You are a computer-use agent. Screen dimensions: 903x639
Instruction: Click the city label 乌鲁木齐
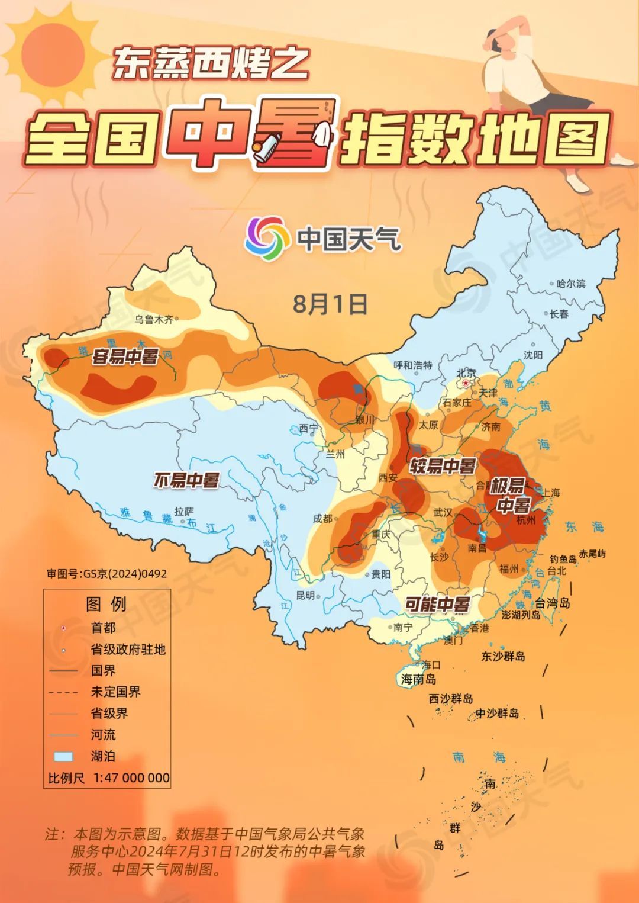[x=154, y=320]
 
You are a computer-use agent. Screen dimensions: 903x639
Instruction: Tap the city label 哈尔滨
[x=571, y=284]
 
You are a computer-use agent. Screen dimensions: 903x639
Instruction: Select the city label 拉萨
[x=184, y=510]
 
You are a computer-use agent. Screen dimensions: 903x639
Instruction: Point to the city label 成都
[x=323, y=518]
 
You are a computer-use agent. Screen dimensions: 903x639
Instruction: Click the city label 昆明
[x=305, y=595]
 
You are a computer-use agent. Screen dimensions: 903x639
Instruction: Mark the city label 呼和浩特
[x=413, y=365]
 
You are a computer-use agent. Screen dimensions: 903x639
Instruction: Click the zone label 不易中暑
[x=186, y=480]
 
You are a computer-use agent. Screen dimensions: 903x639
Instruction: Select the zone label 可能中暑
[x=437, y=604]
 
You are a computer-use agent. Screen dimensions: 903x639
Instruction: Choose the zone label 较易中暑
[x=443, y=466]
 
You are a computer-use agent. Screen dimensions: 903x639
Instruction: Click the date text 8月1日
[x=330, y=304]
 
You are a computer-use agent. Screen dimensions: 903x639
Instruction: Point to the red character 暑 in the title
[x=296, y=133]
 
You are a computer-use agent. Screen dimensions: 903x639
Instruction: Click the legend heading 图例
[x=106, y=604]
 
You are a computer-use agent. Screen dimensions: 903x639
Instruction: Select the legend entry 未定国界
[x=115, y=692]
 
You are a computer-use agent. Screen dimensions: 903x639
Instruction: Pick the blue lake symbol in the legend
[x=63, y=756]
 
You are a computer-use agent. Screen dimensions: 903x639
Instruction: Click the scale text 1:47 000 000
[x=131, y=777]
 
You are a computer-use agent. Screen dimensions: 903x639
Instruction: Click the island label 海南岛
[x=418, y=679]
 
